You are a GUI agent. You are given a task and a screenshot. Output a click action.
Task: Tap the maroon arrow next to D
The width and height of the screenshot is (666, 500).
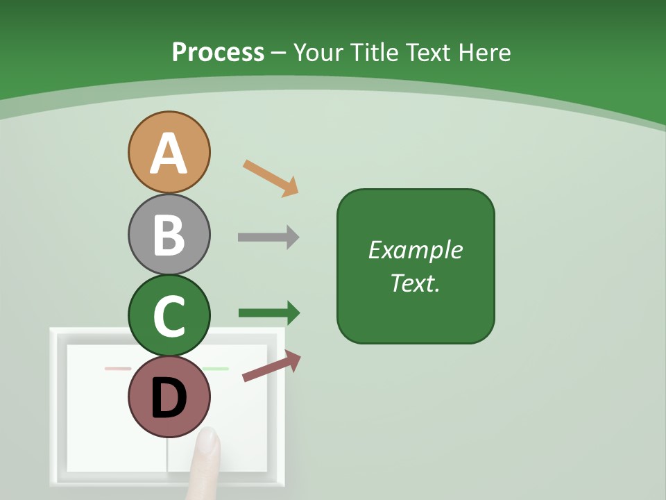[271, 367]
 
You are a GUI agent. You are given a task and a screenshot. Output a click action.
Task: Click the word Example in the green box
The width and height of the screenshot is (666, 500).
[415, 250]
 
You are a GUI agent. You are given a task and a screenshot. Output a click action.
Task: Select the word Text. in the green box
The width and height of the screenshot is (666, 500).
[415, 283]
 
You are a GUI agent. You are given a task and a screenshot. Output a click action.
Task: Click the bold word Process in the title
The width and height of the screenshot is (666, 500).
[218, 52]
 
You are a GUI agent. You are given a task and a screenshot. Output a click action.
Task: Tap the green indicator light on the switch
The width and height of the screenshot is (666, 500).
[216, 369]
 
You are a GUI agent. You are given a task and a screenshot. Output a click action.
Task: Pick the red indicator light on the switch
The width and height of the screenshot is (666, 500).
[117, 369]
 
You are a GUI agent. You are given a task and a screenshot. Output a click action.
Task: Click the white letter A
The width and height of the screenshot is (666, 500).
[169, 153]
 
